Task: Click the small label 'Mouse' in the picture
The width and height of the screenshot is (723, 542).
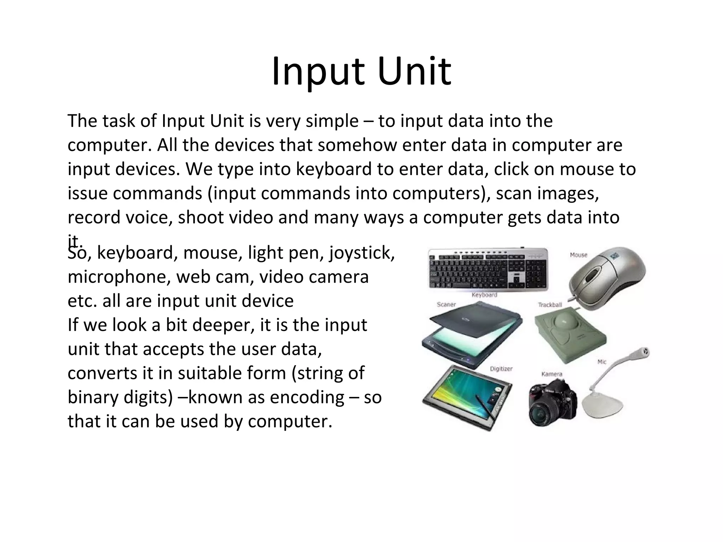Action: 578,255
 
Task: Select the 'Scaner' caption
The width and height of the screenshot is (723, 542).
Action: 446,304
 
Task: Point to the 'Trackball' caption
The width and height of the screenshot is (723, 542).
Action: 550,305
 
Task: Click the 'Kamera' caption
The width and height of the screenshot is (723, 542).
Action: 551,374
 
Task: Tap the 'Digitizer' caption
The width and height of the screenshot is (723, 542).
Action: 501,369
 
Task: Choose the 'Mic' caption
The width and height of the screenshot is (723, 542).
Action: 602,362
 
